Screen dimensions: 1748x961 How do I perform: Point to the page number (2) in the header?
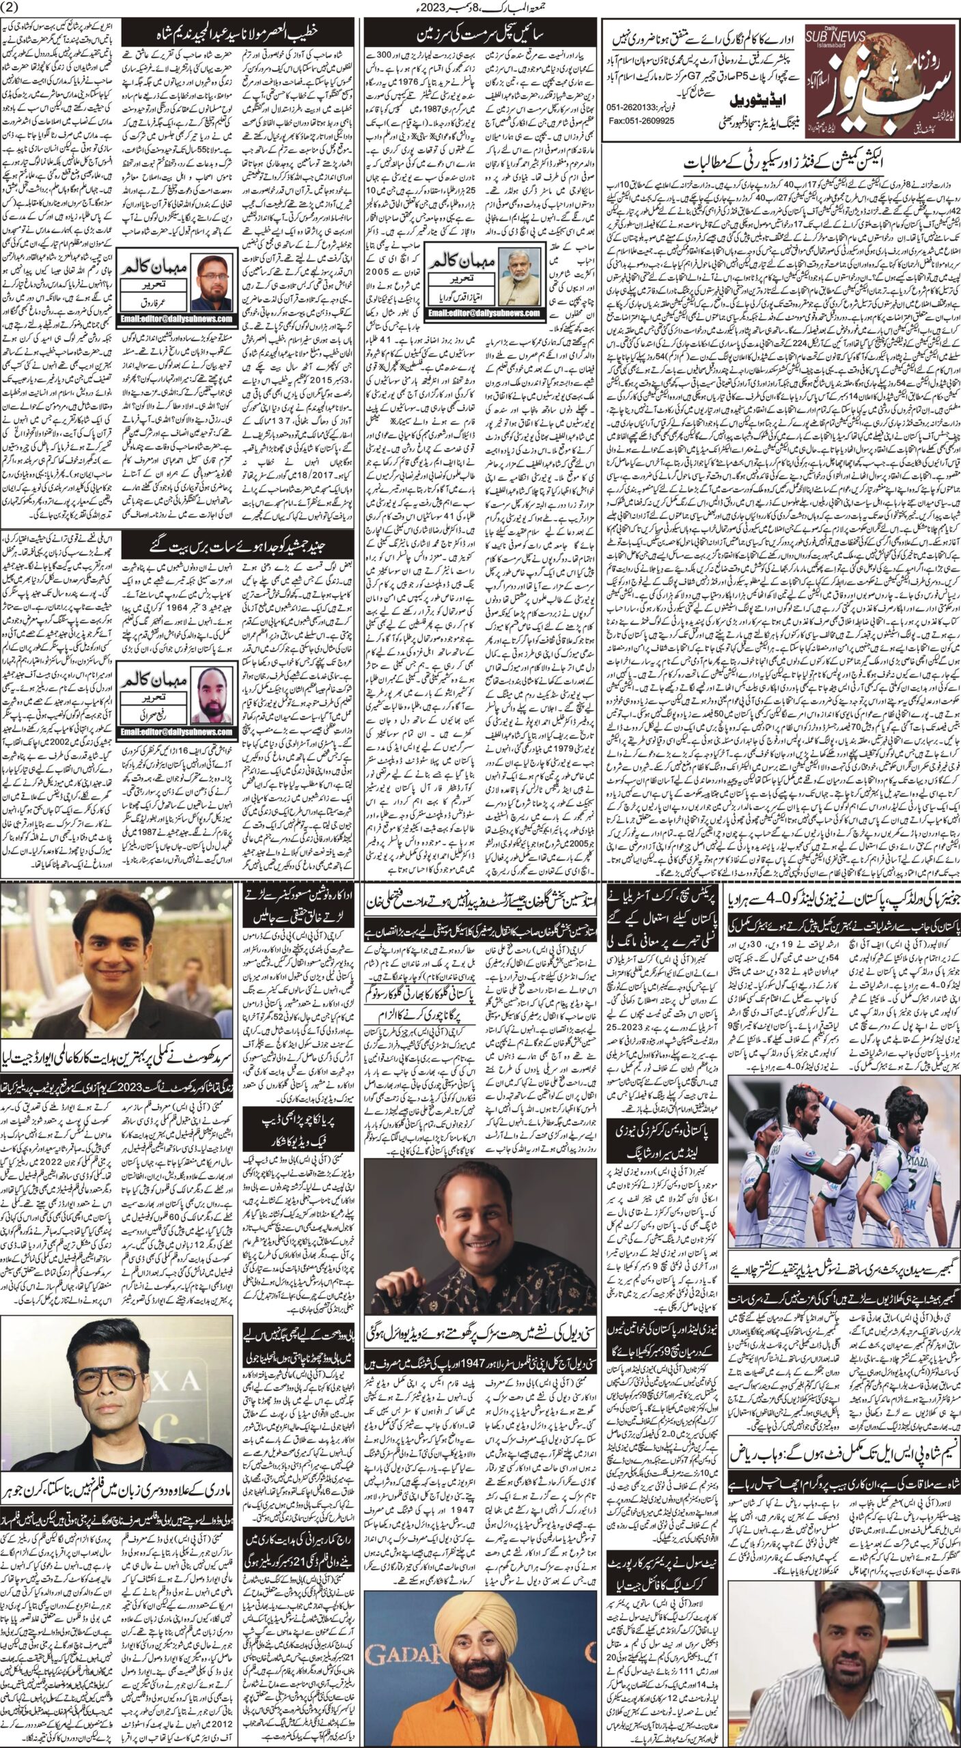point(13,8)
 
